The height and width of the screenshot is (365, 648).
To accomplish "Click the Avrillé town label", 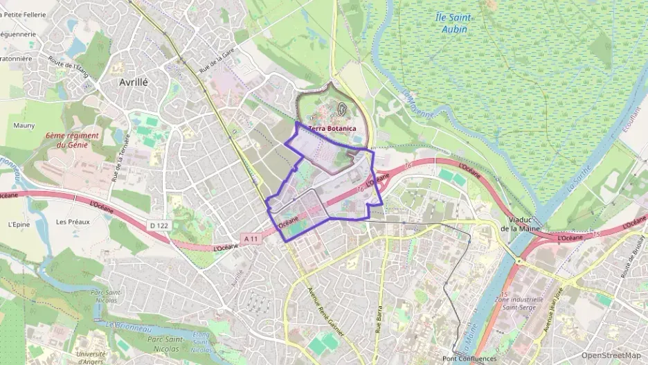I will (x=134, y=81).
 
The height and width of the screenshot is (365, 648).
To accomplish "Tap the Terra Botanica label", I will (x=332, y=129).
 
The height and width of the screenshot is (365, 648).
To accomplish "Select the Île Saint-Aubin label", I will (x=455, y=24).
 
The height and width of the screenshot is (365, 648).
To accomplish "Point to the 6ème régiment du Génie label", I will (x=72, y=141).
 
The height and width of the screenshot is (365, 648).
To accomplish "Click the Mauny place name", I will (x=24, y=125).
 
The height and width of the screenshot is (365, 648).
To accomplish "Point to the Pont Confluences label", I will (x=469, y=359).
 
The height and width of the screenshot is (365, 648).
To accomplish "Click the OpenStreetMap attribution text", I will (x=610, y=355).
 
